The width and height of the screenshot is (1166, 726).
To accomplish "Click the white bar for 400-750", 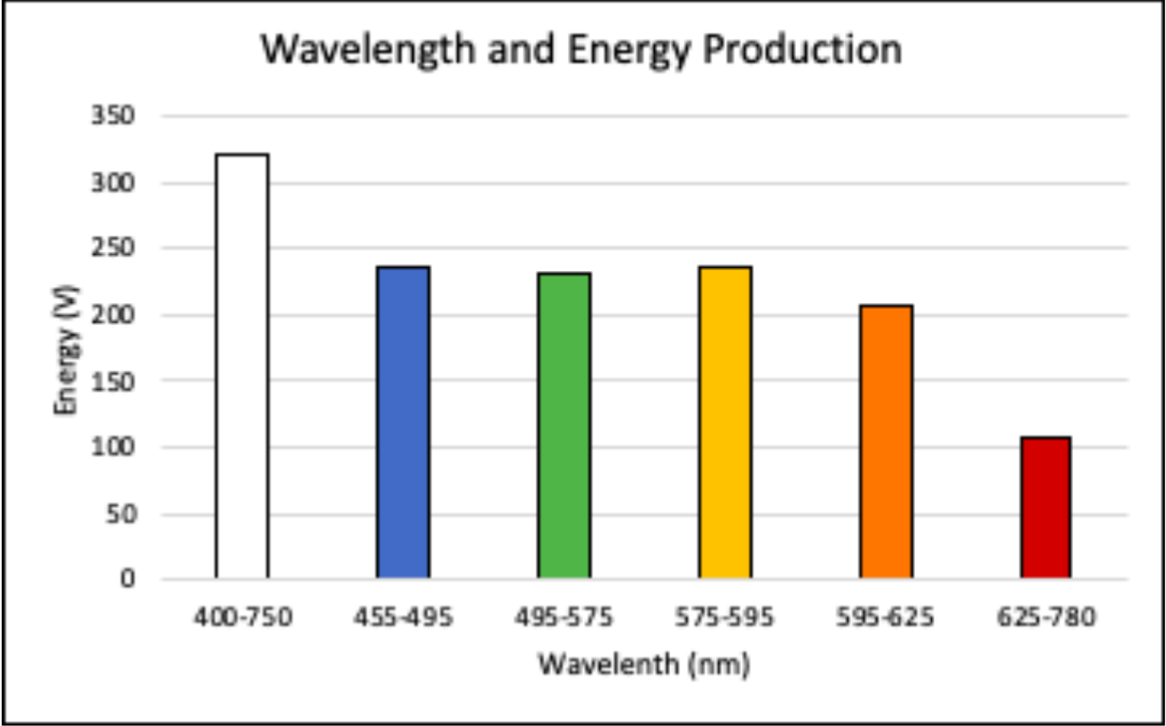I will point(242,366).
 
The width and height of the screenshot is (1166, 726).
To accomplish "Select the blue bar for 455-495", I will point(403,423).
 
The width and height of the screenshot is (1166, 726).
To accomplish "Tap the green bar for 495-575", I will point(564,425).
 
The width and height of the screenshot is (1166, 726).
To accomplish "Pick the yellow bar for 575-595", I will point(725,423).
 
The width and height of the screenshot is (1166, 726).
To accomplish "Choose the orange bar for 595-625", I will point(886,442).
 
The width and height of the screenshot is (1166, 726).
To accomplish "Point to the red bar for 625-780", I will point(1046,507).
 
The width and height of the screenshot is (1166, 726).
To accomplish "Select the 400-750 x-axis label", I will point(242,617).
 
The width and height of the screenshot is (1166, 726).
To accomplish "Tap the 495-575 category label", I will point(564,617).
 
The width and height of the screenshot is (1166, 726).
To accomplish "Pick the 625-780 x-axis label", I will point(1046,617).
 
